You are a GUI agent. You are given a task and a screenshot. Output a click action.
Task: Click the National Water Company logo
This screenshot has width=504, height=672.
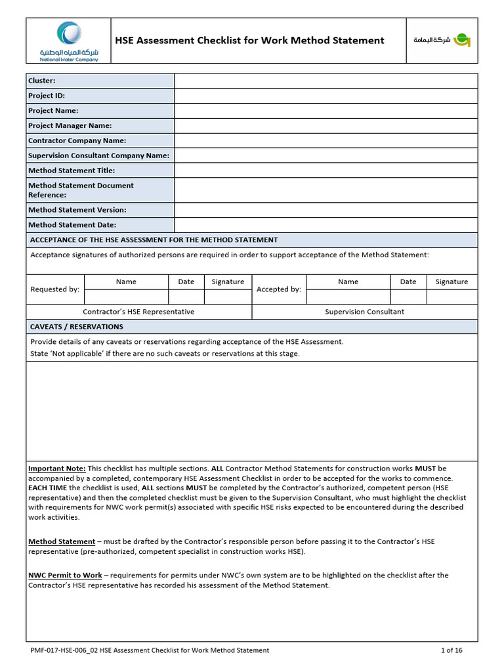pyautogui.click(x=68, y=41)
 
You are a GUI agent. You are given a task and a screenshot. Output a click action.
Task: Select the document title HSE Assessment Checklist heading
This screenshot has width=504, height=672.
pyautogui.click(x=249, y=41)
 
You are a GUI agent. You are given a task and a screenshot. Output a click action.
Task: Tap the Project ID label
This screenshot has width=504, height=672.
pyautogui.click(x=47, y=96)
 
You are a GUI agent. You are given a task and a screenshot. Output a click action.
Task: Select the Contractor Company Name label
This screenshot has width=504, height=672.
pyautogui.click(x=77, y=140)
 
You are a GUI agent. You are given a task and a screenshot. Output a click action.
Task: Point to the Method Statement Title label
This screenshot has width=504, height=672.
pyautogui.click(x=72, y=171)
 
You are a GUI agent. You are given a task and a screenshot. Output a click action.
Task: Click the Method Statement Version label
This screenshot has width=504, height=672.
pyautogui.click(x=77, y=210)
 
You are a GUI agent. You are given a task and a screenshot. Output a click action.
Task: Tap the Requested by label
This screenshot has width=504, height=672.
pyautogui.click(x=55, y=289)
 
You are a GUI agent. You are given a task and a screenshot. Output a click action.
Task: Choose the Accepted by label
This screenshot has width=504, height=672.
pyautogui.click(x=279, y=289)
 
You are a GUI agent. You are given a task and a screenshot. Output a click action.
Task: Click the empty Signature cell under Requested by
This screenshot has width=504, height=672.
pyautogui.click(x=228, y=297)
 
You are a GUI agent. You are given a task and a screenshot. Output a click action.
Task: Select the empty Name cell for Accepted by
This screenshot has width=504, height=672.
pyautogui.click(x=348, y=297)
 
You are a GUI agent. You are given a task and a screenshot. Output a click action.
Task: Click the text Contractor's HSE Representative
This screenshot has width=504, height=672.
pyautogui.click(x=138, y=312)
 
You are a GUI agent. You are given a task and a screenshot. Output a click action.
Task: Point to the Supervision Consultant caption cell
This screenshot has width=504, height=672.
pyautogui.click(x=364, y=312)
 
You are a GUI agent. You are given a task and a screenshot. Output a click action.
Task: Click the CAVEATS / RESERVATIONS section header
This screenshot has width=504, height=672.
pyautogui.click(x=77, y=327)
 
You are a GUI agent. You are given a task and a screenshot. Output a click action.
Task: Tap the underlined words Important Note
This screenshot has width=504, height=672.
pyautogui.click(x=57, y=469)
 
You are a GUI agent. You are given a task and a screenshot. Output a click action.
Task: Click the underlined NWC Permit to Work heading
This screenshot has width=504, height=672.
pyautogui.click(x=65, y=575)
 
